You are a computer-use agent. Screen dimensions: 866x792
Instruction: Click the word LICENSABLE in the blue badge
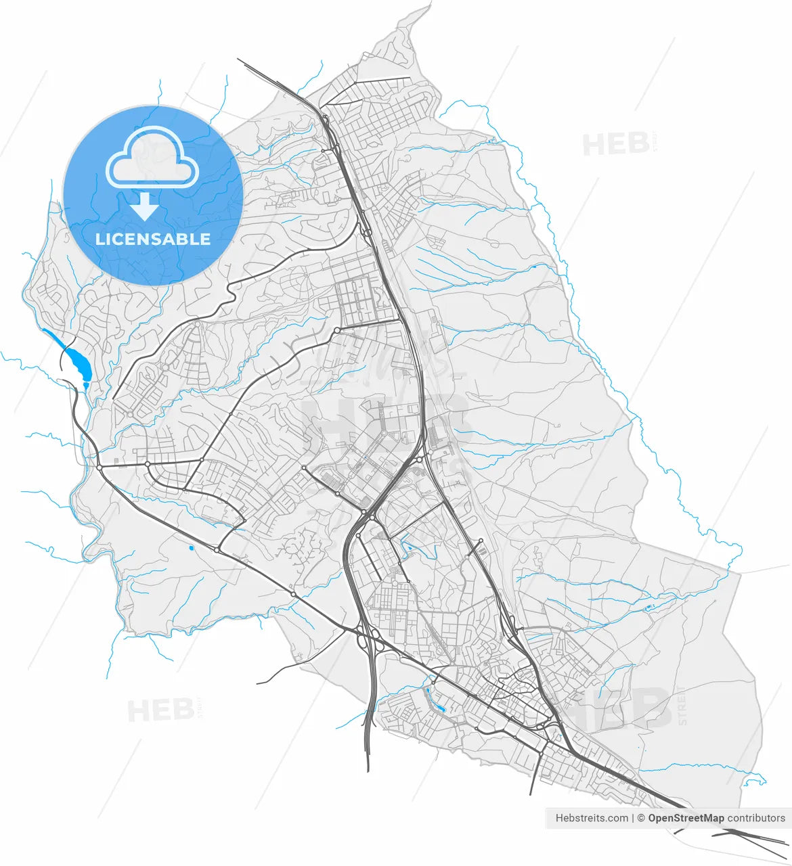(153, 239)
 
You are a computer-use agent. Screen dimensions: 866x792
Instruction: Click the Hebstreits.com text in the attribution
(592, 818)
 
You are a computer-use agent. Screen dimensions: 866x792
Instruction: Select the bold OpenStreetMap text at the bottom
(686, 818)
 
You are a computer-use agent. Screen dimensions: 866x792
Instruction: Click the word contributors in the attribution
(756, 818)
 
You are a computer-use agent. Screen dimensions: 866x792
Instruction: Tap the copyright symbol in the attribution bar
(640, 818)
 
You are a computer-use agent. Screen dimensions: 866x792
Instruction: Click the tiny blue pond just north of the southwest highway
(192, 547)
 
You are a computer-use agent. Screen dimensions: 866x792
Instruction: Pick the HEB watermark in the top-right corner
(616, 144)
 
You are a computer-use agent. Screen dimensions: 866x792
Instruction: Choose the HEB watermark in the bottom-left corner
(161, 710)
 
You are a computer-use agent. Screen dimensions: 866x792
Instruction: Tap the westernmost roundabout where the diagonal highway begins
(100, 467)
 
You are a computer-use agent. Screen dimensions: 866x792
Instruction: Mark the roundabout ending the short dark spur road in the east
(481, 541)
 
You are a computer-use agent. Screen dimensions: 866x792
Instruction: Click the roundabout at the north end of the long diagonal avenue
(336, 330)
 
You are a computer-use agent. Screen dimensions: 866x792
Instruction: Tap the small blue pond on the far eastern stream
(648, 607)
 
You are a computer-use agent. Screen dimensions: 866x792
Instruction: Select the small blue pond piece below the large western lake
(85, 384)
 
